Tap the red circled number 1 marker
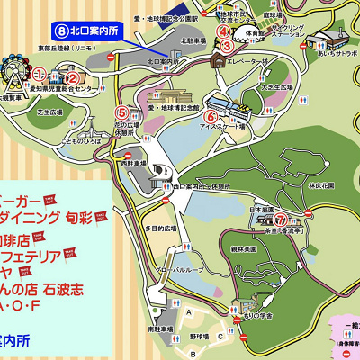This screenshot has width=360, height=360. click(40, 73)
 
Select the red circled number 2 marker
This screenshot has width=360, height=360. click(73, 77)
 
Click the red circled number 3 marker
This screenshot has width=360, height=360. click(228, 46)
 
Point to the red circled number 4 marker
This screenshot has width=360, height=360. click(222, 31)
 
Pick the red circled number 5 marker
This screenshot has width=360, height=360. click(121, 113)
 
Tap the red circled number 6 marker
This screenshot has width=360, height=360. click(210, 116)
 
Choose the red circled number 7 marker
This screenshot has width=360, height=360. click(280, 219)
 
